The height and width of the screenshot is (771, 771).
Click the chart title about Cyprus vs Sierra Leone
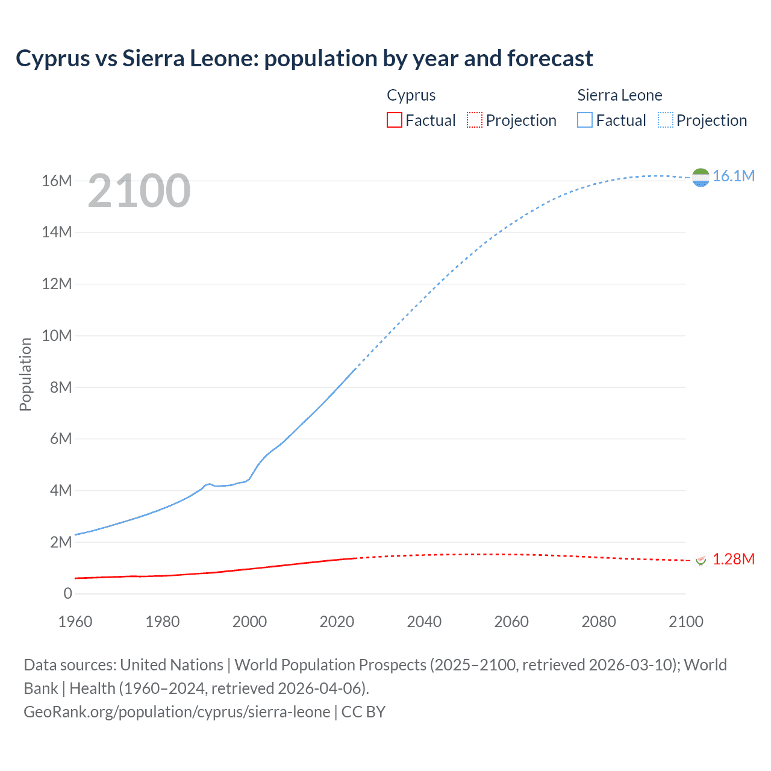pos(304,58)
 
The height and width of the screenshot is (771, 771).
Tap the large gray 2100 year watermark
pos(139,191)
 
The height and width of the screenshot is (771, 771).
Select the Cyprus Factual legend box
pos(394,120)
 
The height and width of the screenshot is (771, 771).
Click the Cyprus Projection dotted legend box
pos(475,120)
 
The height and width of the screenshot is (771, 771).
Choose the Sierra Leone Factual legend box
pos(585,120)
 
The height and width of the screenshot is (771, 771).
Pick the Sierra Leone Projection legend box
pos(666,120)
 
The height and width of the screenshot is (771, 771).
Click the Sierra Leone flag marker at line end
pos(701,177)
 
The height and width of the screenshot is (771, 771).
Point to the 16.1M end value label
pos(733,176)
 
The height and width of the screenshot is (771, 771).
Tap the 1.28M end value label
pos(733,560)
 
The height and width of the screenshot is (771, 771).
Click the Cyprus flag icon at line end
pos(701,560)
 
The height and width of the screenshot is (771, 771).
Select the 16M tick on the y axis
pos(57,181)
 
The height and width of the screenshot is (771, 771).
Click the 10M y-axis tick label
pos(57,336)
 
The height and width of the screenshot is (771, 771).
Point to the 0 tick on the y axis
pos(67,594)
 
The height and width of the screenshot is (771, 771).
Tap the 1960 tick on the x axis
pos(75,622)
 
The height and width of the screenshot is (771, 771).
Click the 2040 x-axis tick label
pos(424,622)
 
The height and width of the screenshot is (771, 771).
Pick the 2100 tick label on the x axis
pos(685,622)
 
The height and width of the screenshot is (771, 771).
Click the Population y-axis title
pos(25,374)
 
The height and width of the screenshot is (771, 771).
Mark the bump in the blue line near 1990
pos(209,484)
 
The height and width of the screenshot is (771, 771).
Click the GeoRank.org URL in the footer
pos(176,712)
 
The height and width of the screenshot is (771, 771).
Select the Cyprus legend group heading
pos(411,95)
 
